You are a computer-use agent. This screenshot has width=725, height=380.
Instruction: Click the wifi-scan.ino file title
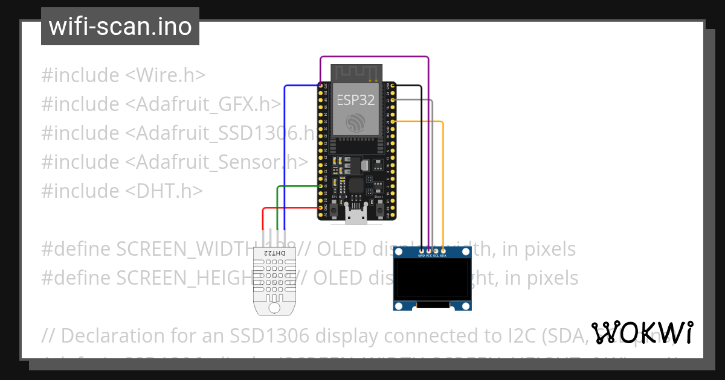pos(120,27)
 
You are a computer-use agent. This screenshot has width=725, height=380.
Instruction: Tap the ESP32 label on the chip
pos(356,100)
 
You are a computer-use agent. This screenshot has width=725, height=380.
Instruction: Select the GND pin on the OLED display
pos(421,250)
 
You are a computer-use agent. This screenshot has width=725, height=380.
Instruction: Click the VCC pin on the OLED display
pos(428,250)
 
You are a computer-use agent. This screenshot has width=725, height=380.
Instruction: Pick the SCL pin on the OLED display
pos(436,250)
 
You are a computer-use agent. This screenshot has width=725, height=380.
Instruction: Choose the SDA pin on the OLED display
pos(443,250)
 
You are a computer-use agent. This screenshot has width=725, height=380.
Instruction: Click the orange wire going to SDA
pos(443,181)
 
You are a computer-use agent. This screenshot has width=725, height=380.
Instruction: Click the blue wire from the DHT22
pos(285,151)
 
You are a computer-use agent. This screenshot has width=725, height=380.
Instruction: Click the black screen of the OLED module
pos(432,280)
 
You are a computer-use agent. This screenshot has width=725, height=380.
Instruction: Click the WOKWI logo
pos(642,333)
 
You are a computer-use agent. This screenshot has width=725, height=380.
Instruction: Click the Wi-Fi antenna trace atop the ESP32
pos(356,72)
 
